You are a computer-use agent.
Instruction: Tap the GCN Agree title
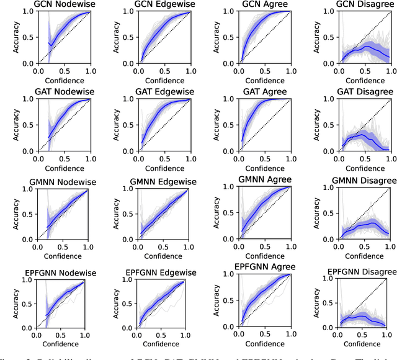pyautogui.click(x=262, y=5)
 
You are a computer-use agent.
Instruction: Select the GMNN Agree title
pyautogui.click(x=262, y=180)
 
